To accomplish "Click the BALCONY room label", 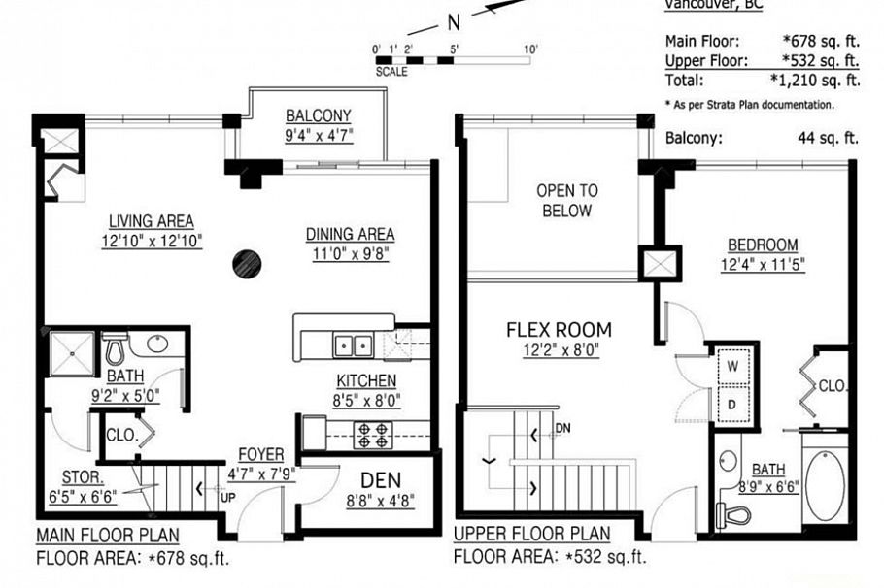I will (x=319, y=115).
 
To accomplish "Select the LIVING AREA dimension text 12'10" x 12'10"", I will (x=152, y=242).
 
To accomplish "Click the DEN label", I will (x=380, y=480).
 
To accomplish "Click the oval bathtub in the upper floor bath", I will (x=826, y=484).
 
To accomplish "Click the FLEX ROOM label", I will (x=559, y=330).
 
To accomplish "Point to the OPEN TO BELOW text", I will (x=567, y=201).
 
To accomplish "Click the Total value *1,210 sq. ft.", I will (x=814, y=81).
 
